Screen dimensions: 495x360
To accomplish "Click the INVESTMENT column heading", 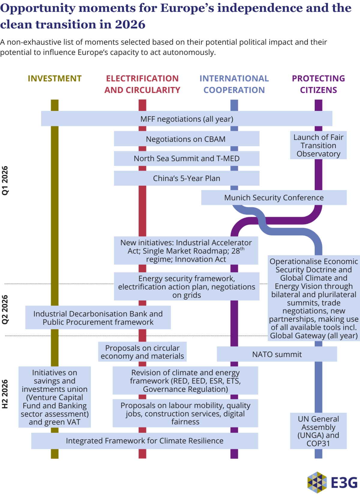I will (55, 79).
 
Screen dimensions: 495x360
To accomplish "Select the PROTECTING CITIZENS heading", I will (318, 84).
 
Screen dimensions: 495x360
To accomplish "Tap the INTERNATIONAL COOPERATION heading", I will (234, 84).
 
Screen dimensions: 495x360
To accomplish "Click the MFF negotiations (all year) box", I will (187, 119).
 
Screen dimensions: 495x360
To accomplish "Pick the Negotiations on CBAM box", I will (186, 139).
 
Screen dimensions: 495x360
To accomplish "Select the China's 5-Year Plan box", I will (186, 178).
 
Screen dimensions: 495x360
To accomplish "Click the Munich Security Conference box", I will (274, 198).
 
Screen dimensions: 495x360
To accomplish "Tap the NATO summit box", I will (277, 354).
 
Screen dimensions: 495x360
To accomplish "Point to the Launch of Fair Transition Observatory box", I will (318, 145).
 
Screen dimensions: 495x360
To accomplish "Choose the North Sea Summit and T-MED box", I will (186, 158).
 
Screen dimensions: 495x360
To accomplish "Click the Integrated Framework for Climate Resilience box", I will (145, 440).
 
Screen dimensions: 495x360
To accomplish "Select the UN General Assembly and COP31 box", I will (318, 431).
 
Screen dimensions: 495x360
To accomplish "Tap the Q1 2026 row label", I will (5, 180).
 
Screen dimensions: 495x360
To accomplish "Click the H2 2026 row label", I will (5, 394).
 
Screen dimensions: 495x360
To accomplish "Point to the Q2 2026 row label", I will (5, 309).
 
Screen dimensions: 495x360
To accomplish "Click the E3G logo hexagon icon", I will (317, 482).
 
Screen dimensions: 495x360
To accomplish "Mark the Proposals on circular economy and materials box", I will (142, 352).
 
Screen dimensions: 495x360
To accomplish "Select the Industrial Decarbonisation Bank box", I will (98, 318).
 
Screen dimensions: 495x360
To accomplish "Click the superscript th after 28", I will (242, 249).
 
